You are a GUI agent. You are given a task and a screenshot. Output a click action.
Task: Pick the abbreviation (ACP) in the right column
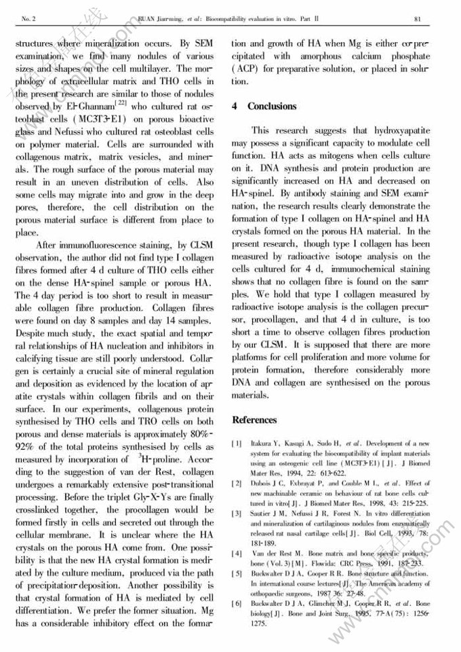point(245,68)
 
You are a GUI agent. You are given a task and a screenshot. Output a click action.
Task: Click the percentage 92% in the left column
point(30,448)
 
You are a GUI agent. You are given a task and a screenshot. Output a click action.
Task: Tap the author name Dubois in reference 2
point(263,483)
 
